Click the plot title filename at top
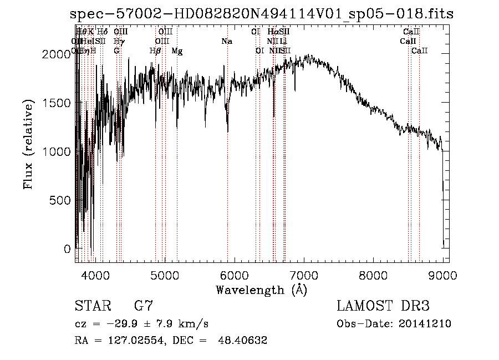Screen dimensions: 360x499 point(262,14)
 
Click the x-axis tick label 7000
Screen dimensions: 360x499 point(304,275)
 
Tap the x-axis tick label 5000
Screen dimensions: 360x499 point(165,275)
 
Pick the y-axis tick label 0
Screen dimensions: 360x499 point(68,249)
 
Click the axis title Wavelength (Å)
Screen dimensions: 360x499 point(261,290)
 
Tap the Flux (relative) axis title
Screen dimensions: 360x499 point(28,146)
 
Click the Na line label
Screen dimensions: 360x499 point(226,42)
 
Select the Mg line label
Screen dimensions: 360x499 point(177,51)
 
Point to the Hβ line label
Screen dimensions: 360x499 point(155,51)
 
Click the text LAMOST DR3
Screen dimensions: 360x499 point(383,306)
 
